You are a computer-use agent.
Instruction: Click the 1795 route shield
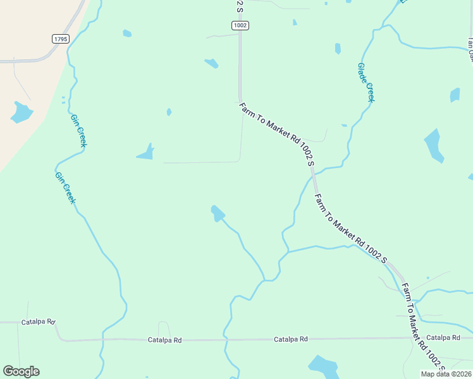61,39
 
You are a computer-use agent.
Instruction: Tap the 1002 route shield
240,25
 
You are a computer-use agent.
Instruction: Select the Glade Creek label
366,82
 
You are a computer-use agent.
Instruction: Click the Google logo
21,371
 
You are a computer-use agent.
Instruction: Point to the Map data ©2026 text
446,374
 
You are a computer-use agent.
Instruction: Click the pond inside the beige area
21,112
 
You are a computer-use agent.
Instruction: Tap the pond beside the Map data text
323,366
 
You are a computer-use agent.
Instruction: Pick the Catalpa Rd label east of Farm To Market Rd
443,338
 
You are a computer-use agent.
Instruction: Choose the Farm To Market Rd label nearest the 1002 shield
277,133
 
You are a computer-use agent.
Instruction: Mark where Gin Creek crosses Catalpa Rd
101,339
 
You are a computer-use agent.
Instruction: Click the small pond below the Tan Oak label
455,95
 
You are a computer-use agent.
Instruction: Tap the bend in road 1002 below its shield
240,100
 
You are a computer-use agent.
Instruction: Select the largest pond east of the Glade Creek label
433,146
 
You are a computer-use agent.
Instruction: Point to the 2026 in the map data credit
462,374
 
